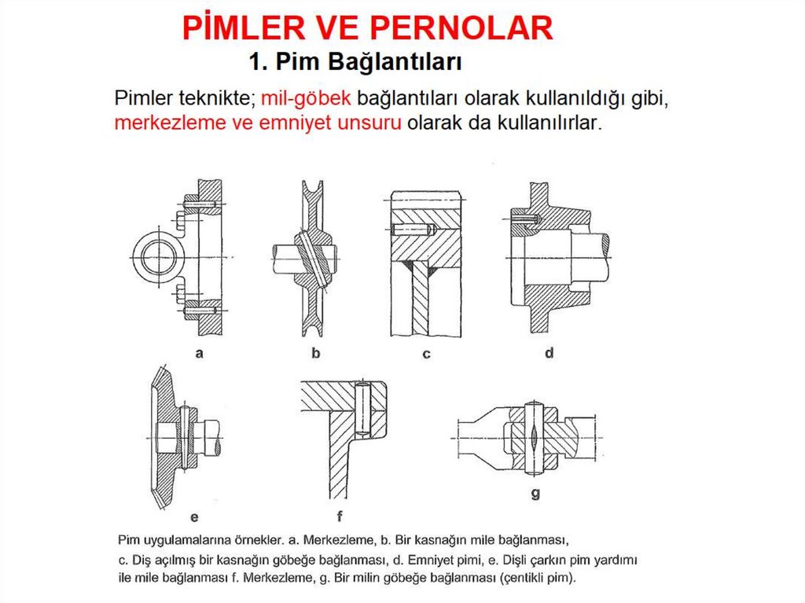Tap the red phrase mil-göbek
tap(306, 97)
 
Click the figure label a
tap(199, 353)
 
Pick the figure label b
tap(316, 352)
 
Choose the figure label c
tap(426, 354)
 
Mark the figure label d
tap(549, 352)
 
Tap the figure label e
tap(194, 517)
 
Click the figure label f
tap(340, 516)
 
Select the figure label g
tap(535, 494)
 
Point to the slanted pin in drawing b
tap(313, 259)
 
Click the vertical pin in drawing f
tap(362, 409)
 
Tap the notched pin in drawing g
tap(534, 439)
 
